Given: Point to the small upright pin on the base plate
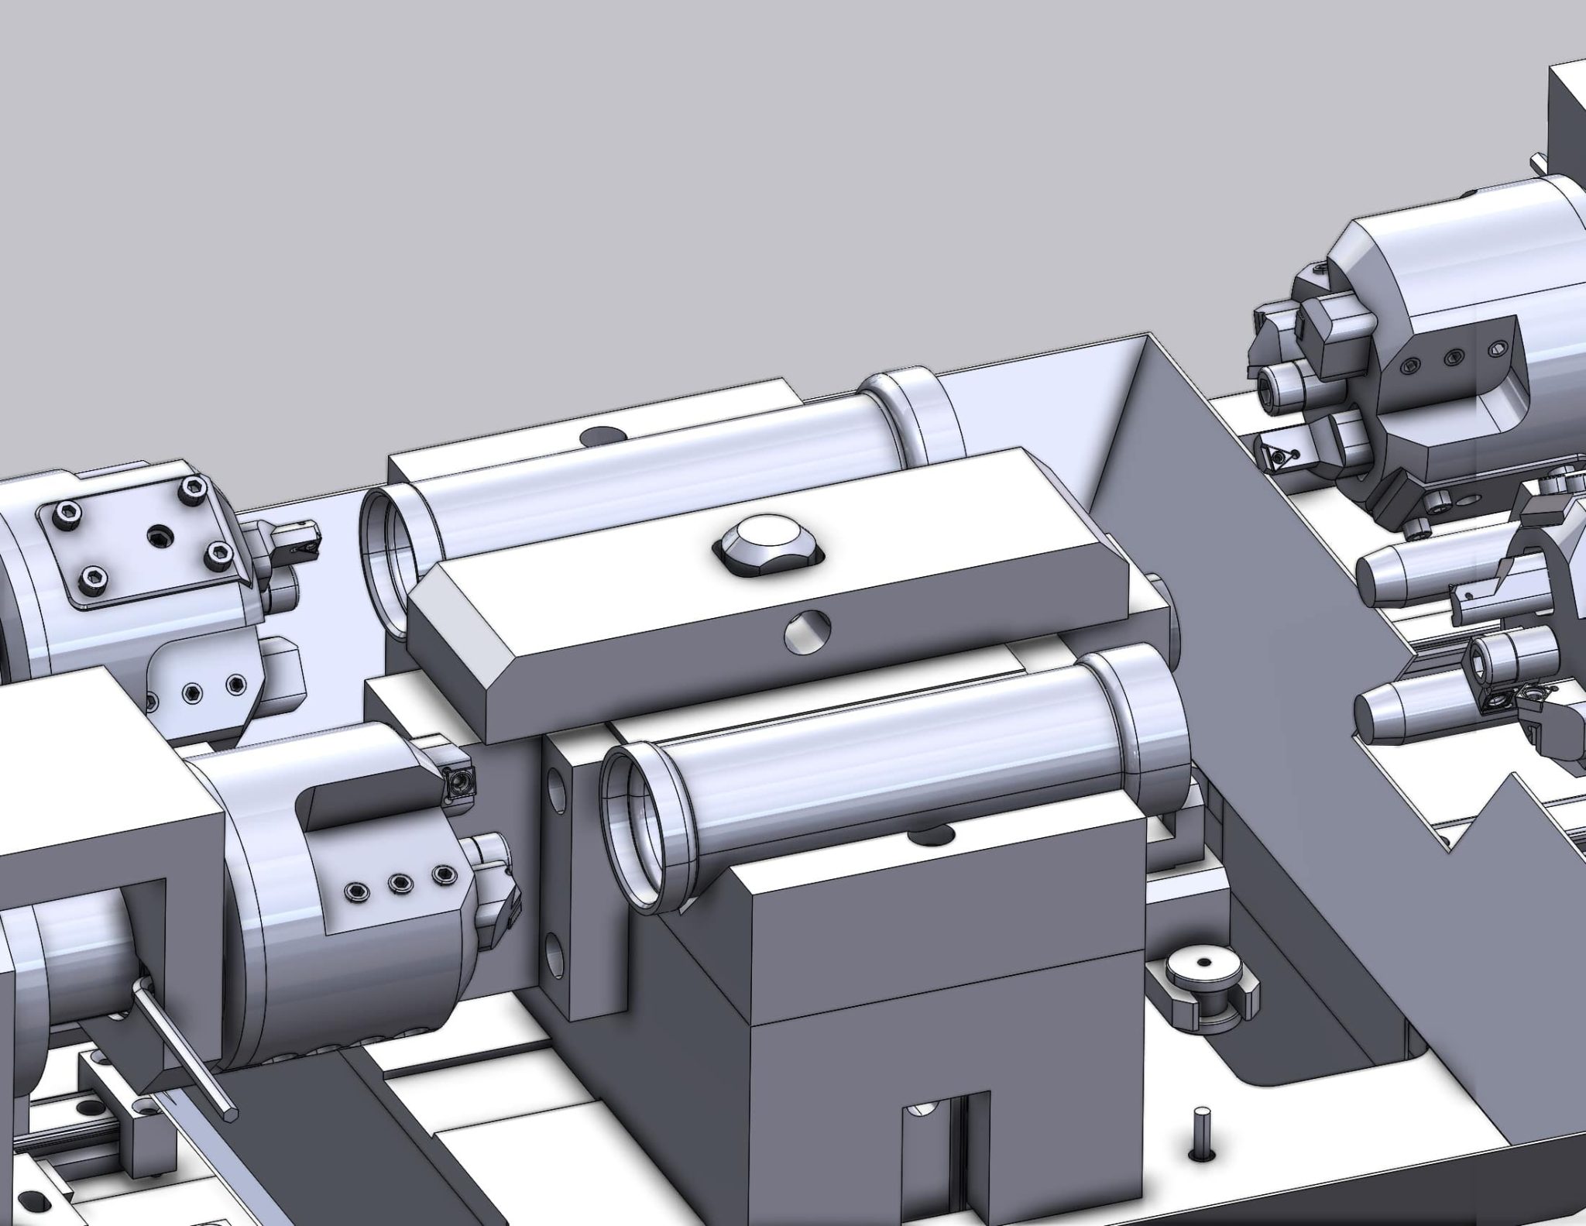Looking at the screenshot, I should (1200, 1156).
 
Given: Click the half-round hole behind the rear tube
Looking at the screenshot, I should (605, 437).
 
